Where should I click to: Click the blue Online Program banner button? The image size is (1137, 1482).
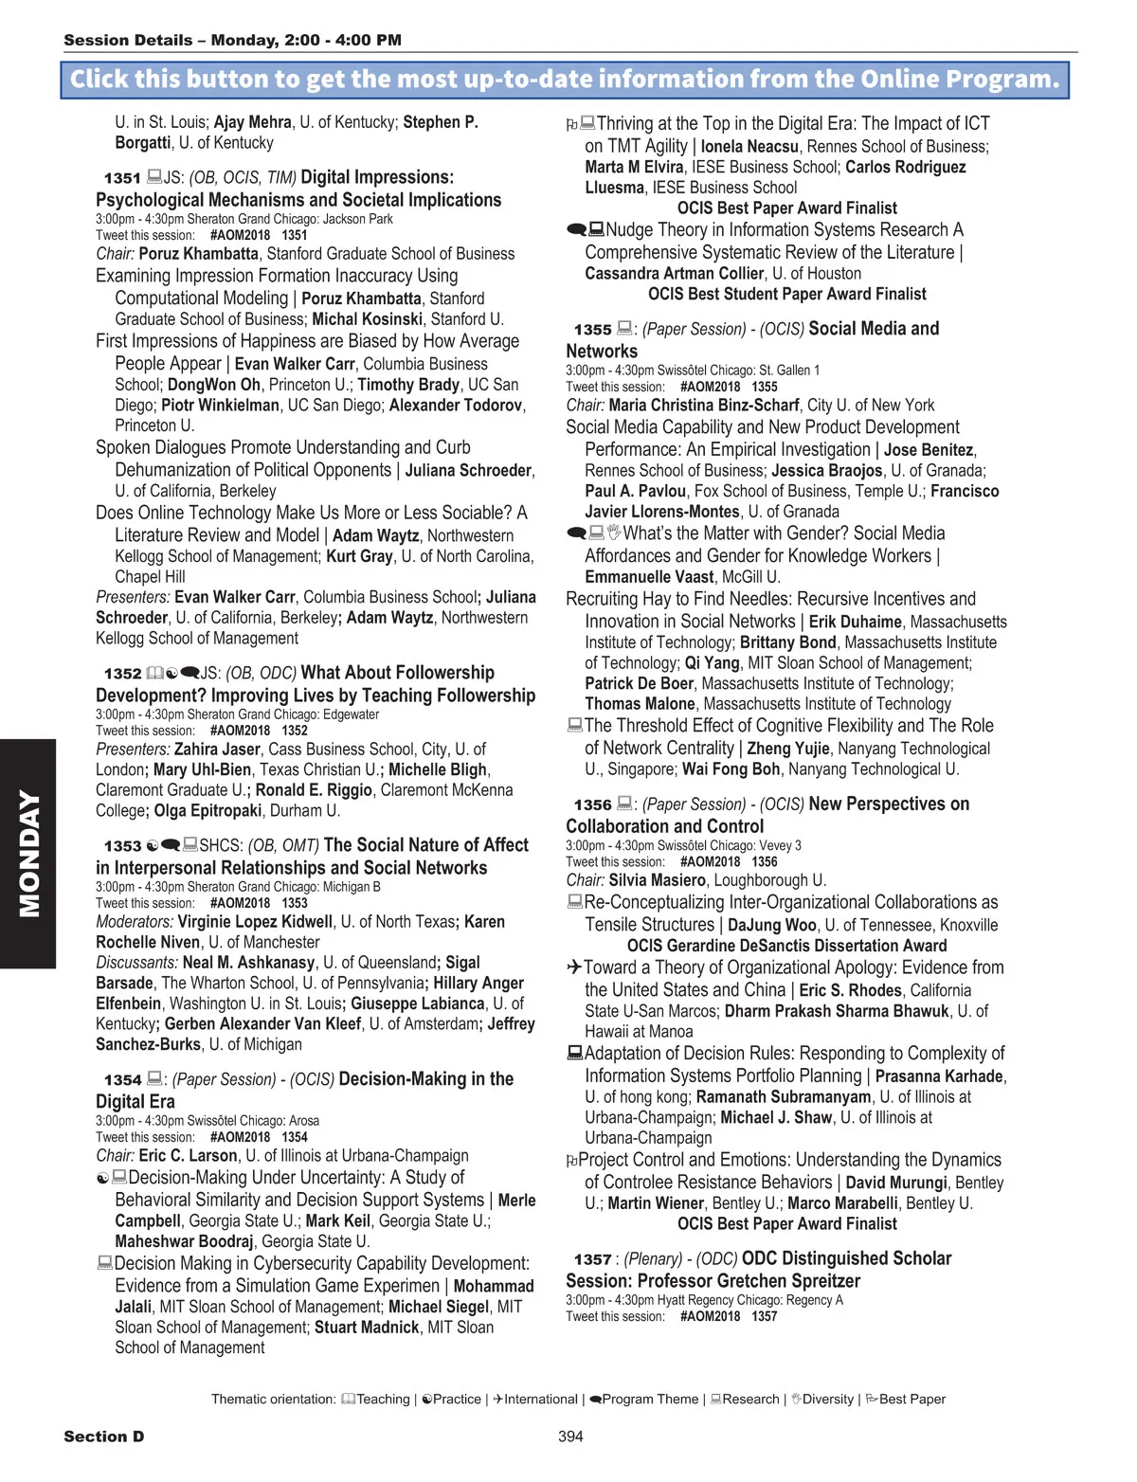coord(565,80)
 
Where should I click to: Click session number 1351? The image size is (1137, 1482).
coord(122,178)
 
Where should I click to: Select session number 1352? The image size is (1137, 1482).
coord(122,674)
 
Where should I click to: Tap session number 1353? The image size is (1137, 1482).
coord(122,846)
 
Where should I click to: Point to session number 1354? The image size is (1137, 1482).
coord(122,1080)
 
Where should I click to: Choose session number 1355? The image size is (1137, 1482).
coord(592,330)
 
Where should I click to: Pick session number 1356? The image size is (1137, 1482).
coord(592,805)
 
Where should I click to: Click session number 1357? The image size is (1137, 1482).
coord(592,1259)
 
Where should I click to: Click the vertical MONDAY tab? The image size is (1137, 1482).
coord(28,853)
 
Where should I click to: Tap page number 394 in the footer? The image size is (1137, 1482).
coord(570,1437)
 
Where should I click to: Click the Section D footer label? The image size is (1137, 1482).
coord(104,1437)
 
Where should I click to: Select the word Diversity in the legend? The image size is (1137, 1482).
coord(828,1400)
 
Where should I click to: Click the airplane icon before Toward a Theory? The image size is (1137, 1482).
coord(574,967)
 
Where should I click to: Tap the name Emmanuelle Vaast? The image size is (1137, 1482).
coord(649,577)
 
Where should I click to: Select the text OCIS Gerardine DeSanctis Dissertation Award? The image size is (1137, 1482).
coord(786,946)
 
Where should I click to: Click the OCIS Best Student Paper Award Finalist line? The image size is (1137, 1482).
coord(786,295)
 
